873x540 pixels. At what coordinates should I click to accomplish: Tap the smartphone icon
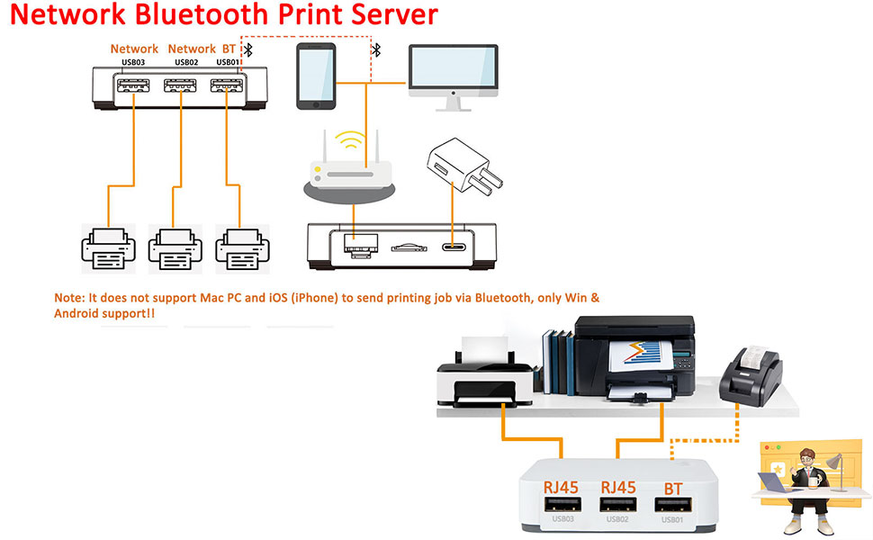coord(316,76)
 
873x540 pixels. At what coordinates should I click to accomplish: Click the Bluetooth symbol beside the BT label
coord(248,49)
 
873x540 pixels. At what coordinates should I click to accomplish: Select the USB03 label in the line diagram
coord(133,62)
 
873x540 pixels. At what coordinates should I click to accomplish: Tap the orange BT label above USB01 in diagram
coord(229,49)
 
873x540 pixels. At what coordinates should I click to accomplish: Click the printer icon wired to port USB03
coord(108,247)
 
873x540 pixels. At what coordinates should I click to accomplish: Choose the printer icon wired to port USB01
coord(240,247)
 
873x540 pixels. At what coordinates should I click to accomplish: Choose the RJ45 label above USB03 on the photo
coord(561,487)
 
